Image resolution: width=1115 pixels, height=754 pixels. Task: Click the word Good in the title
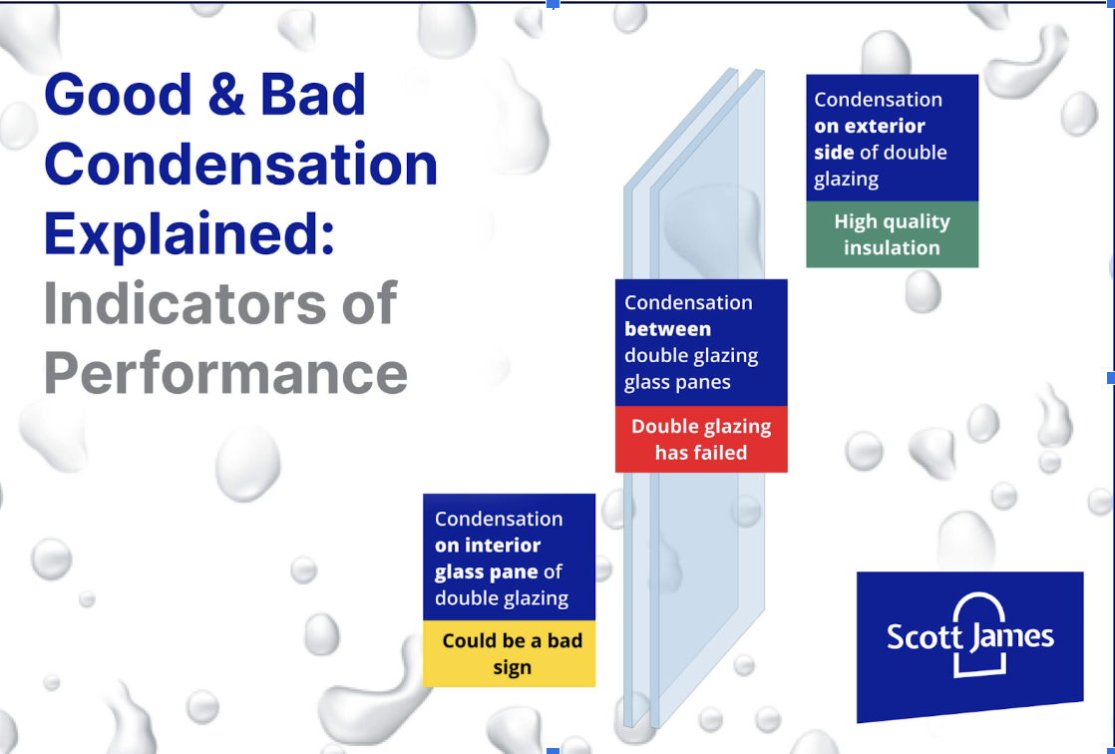(118, 94)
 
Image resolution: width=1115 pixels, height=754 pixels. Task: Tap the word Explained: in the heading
(189, 234)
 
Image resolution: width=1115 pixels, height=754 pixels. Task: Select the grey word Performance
(226, 373)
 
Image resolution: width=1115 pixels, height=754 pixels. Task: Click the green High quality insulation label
(892, 234)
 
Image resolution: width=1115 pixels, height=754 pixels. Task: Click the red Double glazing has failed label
(701, 439)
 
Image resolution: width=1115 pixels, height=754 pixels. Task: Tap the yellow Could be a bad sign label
(510, 653)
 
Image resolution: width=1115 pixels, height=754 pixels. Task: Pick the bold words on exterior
(870, 126)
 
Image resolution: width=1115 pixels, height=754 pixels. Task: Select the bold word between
(668, 329)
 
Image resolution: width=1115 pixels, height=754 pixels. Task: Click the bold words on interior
(488, 545)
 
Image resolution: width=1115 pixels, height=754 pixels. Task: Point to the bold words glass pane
(487, 572)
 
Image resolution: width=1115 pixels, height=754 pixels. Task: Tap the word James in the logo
(1012, 635)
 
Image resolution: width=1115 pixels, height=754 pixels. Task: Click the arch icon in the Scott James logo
(980, 633)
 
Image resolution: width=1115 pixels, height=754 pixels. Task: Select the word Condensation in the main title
(241, 165)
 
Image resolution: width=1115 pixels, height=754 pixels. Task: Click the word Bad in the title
(313, 94)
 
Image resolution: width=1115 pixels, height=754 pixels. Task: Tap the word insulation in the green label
(892, 247)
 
